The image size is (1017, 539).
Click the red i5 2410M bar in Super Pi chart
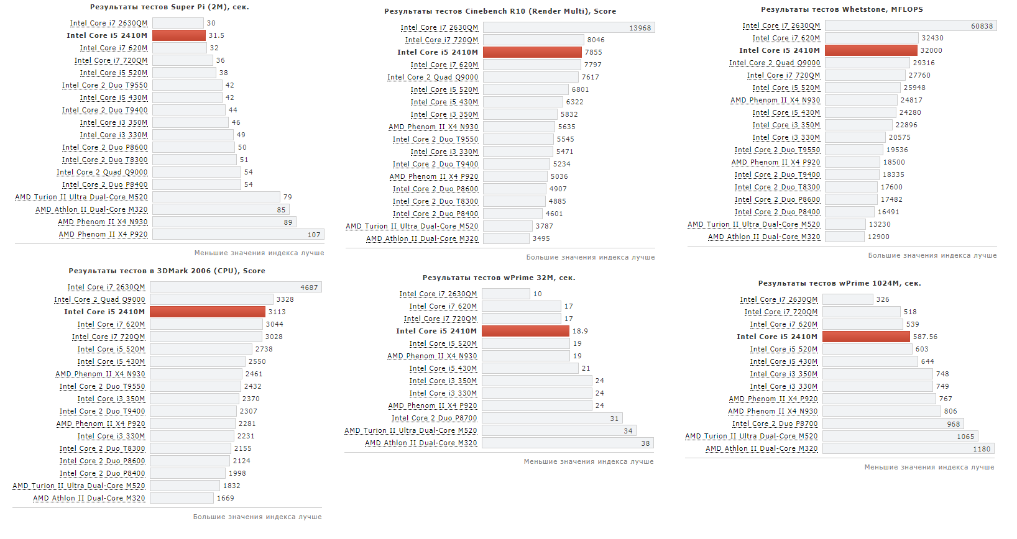[x=178, y=35]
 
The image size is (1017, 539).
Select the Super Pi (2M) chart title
[x=169, y=7]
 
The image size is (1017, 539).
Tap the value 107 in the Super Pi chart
[x=314, y=235]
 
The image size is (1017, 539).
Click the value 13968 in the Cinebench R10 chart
[x=640, y=28]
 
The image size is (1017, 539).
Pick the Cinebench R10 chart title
[x=500, y=11]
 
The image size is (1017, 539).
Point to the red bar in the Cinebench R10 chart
[x=532, y=52]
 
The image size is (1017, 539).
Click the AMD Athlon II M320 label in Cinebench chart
[x=422, y=238]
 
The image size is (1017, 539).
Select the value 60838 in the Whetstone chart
[x=982, y=26]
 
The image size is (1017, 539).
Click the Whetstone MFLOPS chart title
[x=842, y=9]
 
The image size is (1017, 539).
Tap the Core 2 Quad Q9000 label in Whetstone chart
[x=775, y=63]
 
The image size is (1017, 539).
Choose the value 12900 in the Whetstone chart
[x=878, y=237]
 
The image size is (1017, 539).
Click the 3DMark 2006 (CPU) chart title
[x=167, y=271]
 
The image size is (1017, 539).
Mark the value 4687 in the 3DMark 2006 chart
[x=309, y=288]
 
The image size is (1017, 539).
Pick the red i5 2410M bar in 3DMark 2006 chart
[x=208, y=312]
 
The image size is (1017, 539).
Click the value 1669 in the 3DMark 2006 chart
[x=225, y=498]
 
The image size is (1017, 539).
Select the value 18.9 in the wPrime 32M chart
[x=579, y=331]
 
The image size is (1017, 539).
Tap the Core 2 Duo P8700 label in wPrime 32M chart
[x=434, y=418]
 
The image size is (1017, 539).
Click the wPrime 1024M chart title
[x=839, y=283]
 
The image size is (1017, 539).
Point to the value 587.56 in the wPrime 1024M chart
[x=925, y=337]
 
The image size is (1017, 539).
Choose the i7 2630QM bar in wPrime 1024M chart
[x=848, y=299]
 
